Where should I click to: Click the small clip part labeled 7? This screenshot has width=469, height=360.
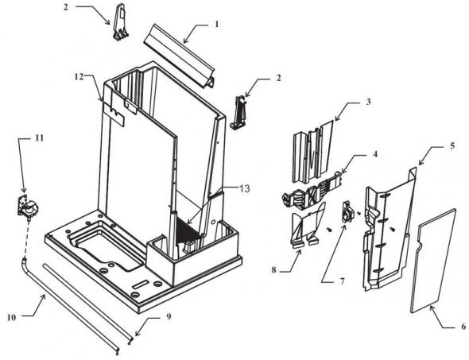click(347, 212)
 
